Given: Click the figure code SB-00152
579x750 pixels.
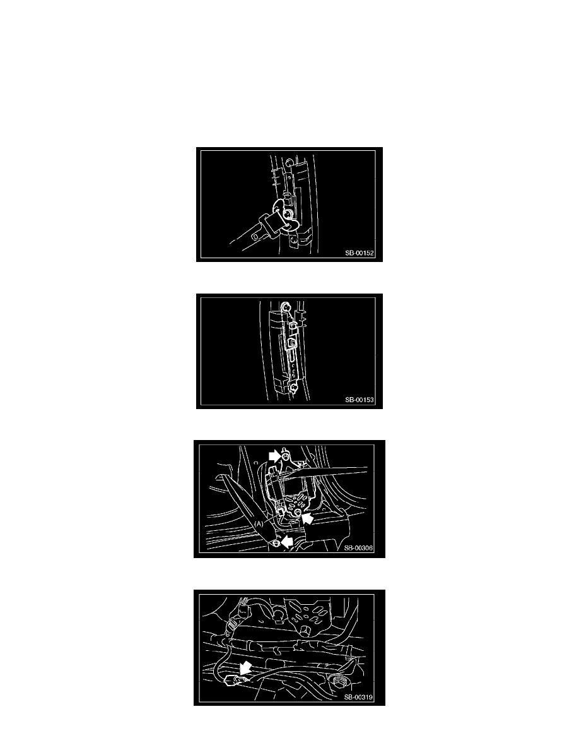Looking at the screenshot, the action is [360, 253].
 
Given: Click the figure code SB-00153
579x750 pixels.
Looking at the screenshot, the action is [360, 400].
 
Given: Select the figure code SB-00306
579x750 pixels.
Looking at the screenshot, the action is [358, 548].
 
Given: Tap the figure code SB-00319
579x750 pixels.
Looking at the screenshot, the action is [358, 698].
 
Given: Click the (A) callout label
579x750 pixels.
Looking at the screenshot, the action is [259, 524].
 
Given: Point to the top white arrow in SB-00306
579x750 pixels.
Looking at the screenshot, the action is [275, 456].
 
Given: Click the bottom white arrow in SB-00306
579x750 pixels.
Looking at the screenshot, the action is [286, 542].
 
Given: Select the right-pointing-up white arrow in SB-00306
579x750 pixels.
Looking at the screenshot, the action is [308, 518].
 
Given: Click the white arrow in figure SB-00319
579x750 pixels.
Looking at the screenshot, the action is [246, 667].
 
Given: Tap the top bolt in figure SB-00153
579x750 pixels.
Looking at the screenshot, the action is [286, 306].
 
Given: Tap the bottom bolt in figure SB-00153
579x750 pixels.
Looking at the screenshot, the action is [295, 388].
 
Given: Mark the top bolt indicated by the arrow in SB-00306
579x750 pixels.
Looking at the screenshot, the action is [285, 458].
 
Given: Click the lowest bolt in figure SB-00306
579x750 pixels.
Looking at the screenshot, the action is [276, 544].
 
